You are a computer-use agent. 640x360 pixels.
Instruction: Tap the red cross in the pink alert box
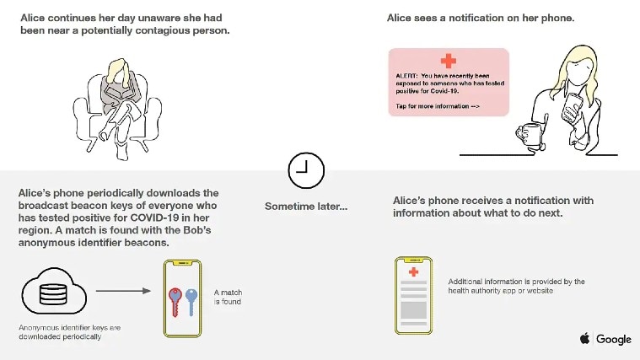click(448, 61)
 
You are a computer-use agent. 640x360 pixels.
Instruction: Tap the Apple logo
click(584, 339)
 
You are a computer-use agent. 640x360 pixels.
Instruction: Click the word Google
click(614, 339)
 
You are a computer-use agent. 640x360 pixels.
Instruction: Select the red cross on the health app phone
click(413, 271)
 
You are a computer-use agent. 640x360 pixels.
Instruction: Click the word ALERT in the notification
click(406, 75)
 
